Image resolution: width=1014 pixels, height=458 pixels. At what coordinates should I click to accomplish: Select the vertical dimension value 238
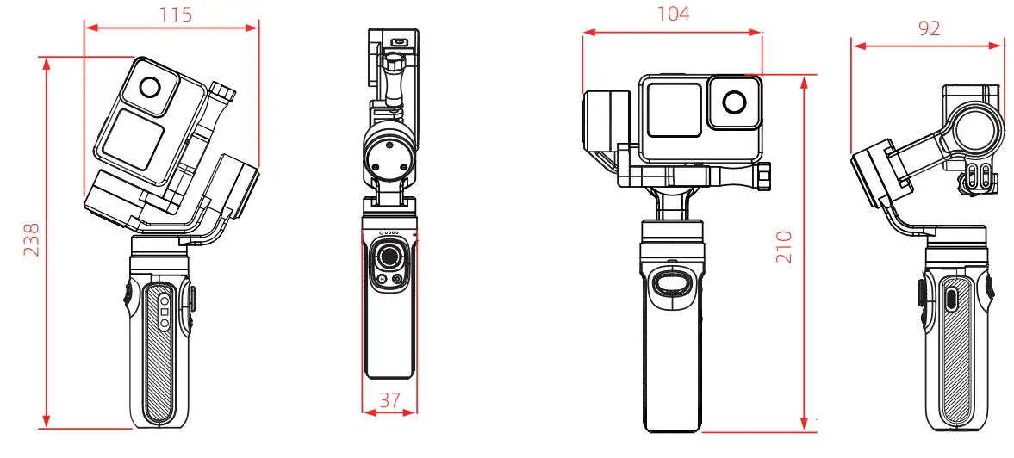[x=30, y=241]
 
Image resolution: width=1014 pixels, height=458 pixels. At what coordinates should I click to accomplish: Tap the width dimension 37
[x=389, y=399]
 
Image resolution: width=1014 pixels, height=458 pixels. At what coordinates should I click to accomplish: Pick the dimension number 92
[x=928, y=28]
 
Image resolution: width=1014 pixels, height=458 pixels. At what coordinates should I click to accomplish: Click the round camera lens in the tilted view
[x=149, y=88]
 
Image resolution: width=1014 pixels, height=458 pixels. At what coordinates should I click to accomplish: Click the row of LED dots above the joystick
[x=389, y=233]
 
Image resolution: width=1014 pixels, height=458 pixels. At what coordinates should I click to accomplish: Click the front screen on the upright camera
[x=674, y=110]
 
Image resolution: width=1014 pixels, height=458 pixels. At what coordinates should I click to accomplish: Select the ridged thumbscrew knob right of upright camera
[x=764, y=176]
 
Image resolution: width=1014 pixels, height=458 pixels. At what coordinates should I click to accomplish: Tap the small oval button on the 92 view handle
[x=950, y=300]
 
